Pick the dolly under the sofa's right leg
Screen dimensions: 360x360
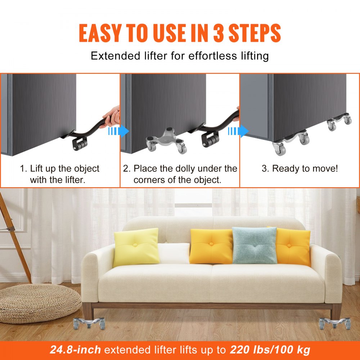[334, 322]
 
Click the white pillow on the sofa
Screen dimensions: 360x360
[174, 253]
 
